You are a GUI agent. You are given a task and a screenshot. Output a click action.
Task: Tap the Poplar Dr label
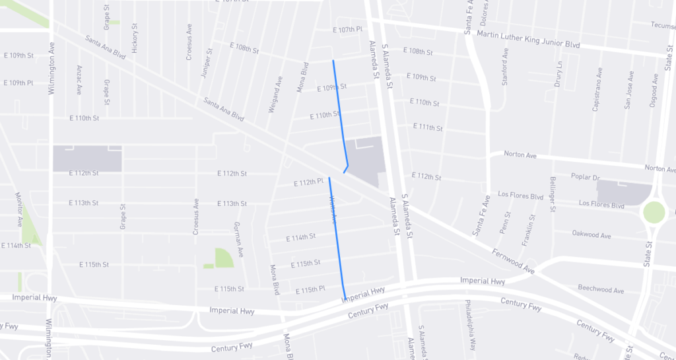(x=586, y=178)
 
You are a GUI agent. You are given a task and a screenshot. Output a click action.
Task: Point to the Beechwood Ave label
(x=600, y=290)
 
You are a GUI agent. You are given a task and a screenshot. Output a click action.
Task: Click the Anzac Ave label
(x=79, y=81)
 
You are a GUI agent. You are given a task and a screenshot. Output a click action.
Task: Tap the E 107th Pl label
(x=348, y=30)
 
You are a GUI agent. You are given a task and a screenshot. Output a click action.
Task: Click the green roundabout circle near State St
(x=654, y=213)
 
